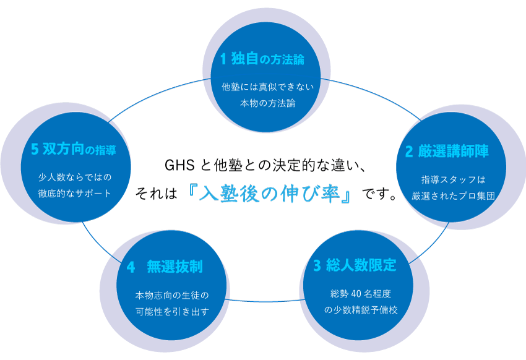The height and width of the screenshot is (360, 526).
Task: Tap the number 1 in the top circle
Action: (224, 59)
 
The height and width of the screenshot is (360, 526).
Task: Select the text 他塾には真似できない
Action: (268, 87)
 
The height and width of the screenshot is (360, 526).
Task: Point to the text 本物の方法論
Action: (268, 103)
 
